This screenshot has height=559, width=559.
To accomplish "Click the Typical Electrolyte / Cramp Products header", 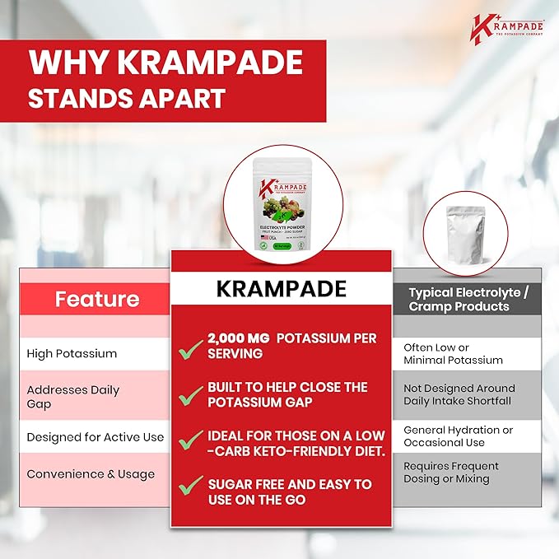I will (x=469, y=299).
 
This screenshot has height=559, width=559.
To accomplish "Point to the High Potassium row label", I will (x=72, y=353).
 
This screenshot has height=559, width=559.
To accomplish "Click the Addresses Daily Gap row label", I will (x=72, y=396).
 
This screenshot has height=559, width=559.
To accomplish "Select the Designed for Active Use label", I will (x=95, y=437).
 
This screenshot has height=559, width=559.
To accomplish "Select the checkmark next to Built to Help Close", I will (x=190, y=394).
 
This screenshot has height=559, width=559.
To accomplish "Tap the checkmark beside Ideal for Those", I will (x=190, y=440).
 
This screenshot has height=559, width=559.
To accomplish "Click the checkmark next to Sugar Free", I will (x=190, y=489).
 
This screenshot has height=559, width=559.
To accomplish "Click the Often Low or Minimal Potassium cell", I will (x=453, y=353).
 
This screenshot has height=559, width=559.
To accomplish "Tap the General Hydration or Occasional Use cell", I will (x=458, y=436).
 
